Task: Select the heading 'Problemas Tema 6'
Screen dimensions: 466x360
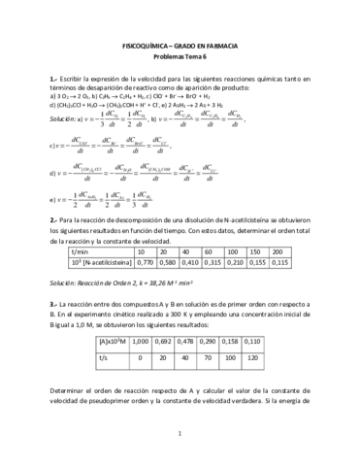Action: (180, 58)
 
